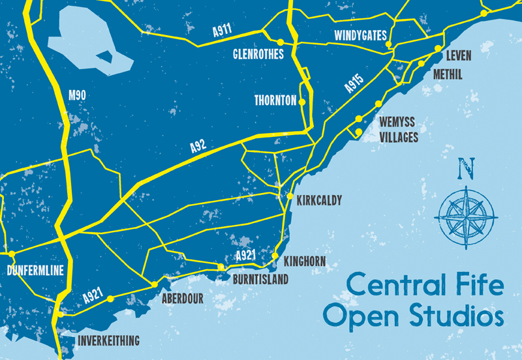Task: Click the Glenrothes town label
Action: (258, 54)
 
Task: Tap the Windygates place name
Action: (360, 35)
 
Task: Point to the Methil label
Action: (448, 75)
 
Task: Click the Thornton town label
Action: (275, 101)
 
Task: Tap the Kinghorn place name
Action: (305, 262)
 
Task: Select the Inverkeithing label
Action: (109, 340)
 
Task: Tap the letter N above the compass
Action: (465, 169)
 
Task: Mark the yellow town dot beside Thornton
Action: (302, 101)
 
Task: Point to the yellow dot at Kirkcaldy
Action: (290, 196)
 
